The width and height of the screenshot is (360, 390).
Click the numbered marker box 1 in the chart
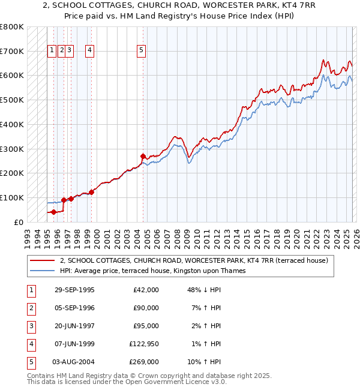click(52, 51)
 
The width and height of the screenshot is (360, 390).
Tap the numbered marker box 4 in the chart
click(89, 51)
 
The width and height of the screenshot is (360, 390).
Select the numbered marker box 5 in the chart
click(141, 51)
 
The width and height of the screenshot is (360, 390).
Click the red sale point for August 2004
click(143, 157)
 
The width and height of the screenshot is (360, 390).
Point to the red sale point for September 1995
click(54, 212)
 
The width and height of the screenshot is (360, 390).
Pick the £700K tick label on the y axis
click(11, 52)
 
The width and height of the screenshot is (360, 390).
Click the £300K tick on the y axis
click(11, 149)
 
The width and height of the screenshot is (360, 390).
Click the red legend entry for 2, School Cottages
click(193, 260)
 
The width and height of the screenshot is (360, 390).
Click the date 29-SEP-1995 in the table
click(74, 290)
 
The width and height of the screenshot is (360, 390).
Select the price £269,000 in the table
click(144, 362)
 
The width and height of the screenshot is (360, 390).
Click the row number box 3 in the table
click(31, 326)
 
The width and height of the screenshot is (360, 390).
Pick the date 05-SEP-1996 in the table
click(74, 308)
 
